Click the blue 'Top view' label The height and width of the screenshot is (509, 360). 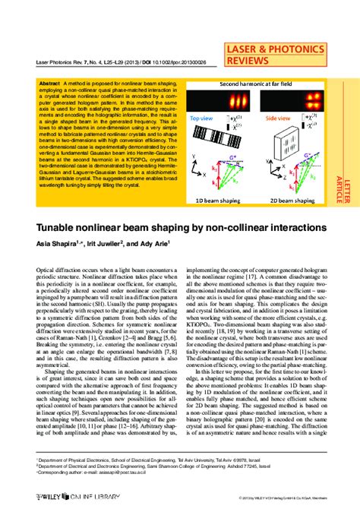(x=201, y=119)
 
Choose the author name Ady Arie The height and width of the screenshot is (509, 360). (x=159, y=243)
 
